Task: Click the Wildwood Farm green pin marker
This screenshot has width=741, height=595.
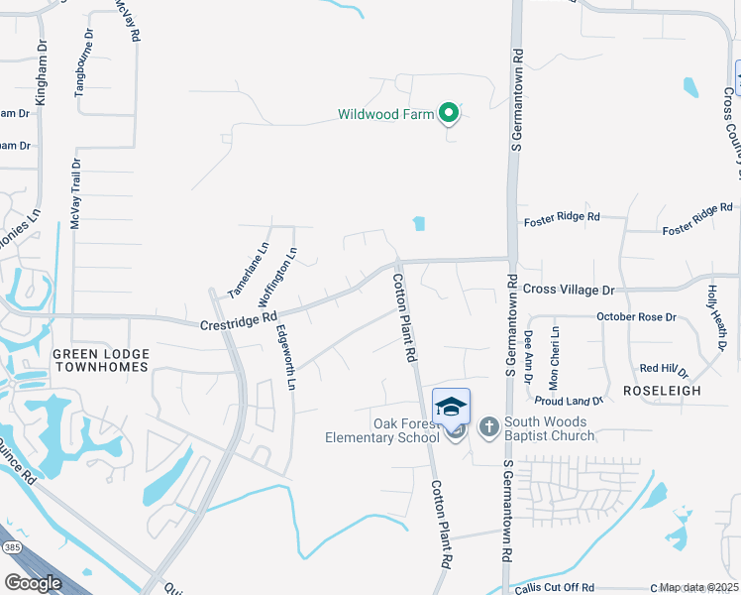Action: (449, 114)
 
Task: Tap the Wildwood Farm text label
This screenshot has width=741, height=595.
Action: (386, 115)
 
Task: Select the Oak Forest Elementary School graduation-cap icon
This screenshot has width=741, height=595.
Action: (451, 407)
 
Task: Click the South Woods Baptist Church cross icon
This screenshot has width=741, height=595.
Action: (488, 427)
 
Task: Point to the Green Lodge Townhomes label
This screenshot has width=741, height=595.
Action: (100, 360)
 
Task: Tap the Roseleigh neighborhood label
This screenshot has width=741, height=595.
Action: (662, 391)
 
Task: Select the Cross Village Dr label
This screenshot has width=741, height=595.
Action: (569, 290)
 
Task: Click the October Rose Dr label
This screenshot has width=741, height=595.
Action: (636, 317)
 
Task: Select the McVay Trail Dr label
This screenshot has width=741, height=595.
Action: (74, 194)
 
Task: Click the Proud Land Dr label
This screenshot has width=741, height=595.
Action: (569, 401)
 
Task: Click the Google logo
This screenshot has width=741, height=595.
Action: (33, 583)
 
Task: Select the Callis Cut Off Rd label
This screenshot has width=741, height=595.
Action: (555, 588)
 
